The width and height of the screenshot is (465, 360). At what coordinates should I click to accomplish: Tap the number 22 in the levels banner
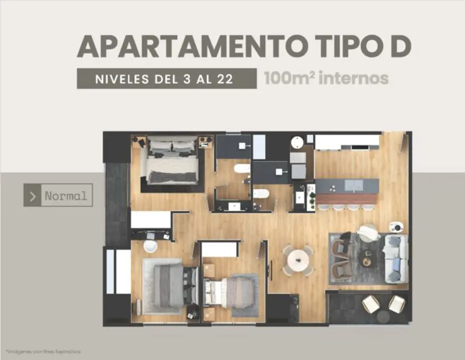pyautogui.click(x=224, y=79)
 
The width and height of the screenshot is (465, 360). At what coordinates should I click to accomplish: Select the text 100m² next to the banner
pyautogui.click(x=289, y=78)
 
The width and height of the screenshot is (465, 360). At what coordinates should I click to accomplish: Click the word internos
pyautogui.click(x=353, y=78)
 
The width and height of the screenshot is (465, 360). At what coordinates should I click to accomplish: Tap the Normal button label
pyautogui.click(x=66, y=196)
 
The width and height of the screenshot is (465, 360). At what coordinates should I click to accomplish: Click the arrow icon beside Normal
pyautogui.click(x=32, y=196)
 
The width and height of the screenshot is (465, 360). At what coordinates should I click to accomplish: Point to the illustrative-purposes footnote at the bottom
pyautogui.click(x=44, y=351)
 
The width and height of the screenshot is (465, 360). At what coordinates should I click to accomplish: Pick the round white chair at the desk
pyautogui.click(x=150, y=246)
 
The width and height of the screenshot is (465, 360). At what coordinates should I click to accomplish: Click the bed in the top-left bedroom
pyautogui.click(x=172, y=161)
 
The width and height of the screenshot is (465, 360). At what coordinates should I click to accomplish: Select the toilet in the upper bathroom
pyautogui.click(x=242, y=169)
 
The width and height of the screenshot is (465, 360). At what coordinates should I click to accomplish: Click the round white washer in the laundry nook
pyautogui.click(x=297, y=142)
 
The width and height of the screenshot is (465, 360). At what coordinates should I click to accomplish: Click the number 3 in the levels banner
pyautogui.click(x=186, y=79)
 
